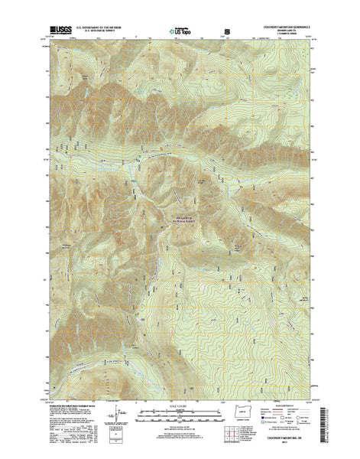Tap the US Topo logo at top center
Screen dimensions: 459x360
pyautogui.click(x=180, y=33)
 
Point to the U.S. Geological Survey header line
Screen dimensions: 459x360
pyautogui.click(x=106, y=35)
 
